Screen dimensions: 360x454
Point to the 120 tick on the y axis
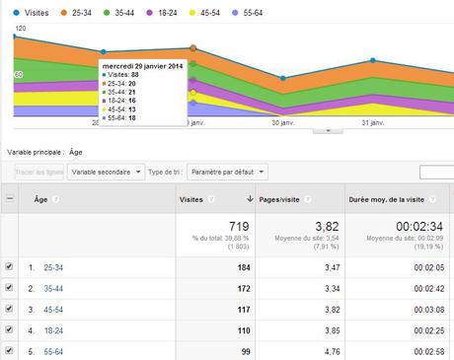(20, 30)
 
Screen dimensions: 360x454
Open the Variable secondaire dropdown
(107, 172)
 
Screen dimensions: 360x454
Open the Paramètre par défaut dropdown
(227, 172)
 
